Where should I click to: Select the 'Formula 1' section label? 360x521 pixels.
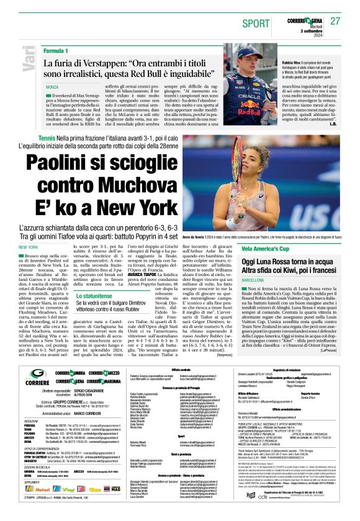[x=56, y=50]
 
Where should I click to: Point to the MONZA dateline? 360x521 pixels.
[x=52, y=87]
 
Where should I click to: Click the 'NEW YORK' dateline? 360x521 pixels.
[x=29, y=247]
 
